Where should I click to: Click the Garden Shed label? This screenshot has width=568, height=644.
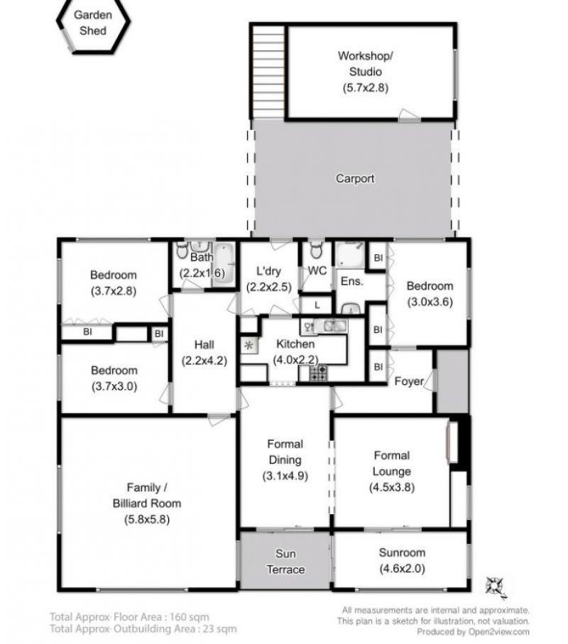93,23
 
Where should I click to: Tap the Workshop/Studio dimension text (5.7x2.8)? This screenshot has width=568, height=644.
366,87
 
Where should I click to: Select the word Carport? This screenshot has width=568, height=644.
355,179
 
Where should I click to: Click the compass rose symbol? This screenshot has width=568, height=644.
496,586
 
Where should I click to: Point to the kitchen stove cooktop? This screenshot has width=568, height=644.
318,373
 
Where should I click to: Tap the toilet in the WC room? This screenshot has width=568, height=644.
316,250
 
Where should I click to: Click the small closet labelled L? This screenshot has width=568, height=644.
317,305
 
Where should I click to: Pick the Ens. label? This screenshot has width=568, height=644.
352,281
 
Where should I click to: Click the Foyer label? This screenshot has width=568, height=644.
409,381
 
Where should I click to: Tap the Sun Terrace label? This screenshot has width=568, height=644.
285,562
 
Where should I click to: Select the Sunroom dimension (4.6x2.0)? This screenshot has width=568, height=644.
402,569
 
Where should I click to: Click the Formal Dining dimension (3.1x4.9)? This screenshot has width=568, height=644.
285,476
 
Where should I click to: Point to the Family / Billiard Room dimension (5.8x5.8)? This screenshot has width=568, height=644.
147,519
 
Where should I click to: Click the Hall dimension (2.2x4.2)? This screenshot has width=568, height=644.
204,361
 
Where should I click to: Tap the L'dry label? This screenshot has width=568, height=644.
268,271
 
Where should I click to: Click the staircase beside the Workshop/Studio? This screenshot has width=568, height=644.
268,72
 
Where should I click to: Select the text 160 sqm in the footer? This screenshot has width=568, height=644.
190,616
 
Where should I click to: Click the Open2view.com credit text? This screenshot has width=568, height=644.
498,632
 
